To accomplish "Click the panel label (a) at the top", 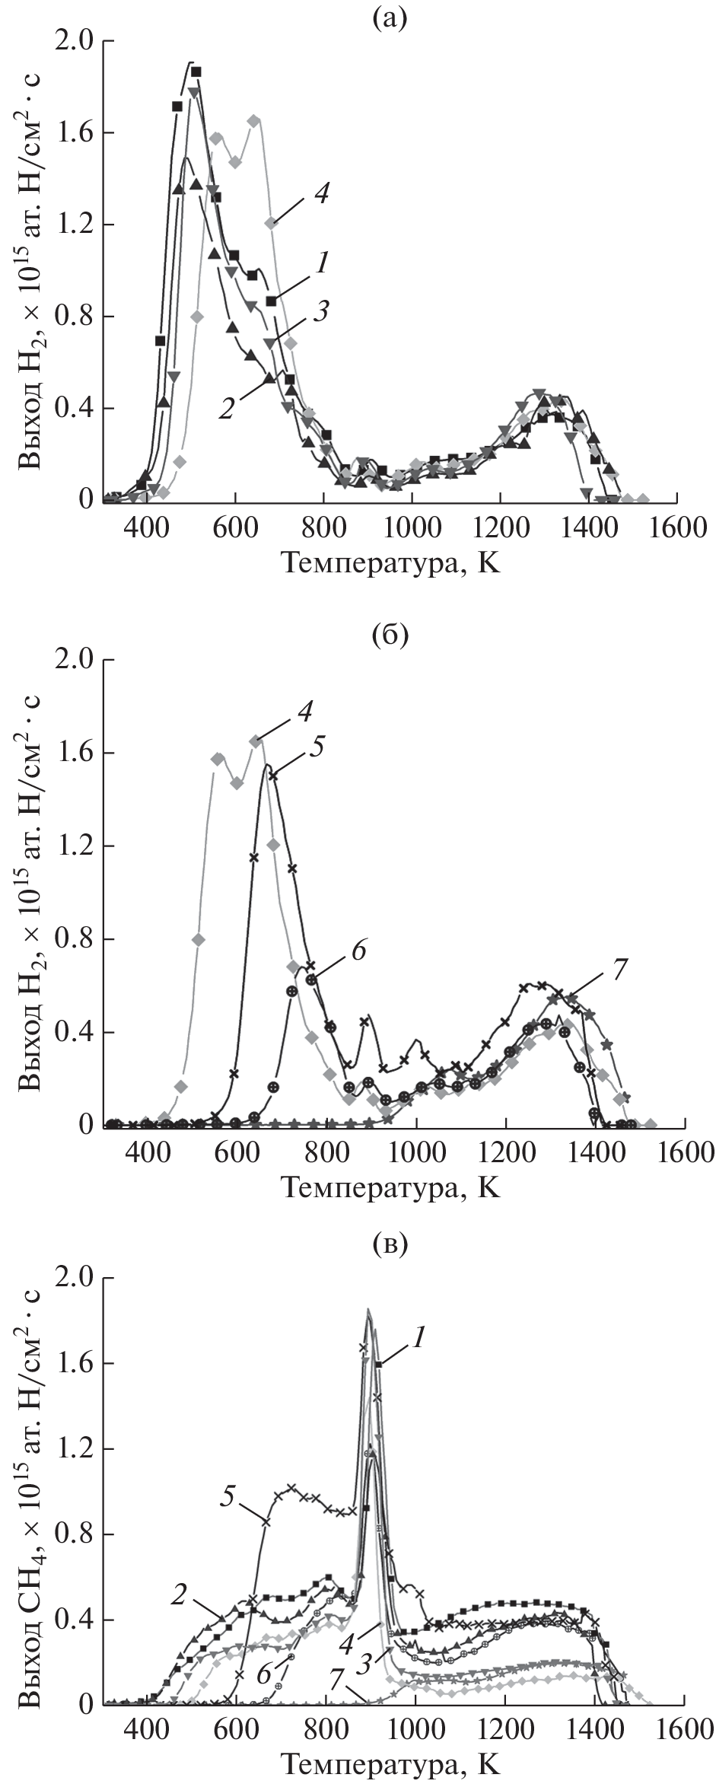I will coord(390,17).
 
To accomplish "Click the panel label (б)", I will coord(390,633).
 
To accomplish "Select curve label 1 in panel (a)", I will coord(323,264).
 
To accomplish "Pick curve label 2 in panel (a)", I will coord(226,409).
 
